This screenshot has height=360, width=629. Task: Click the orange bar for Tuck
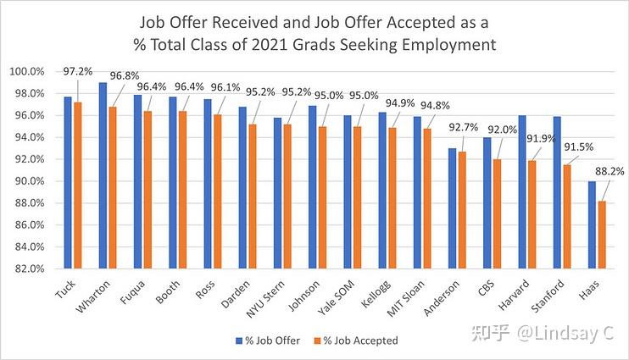tap(77, 186)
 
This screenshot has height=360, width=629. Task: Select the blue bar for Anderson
tap(451, 208)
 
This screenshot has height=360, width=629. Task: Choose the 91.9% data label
tap(542, 138)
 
